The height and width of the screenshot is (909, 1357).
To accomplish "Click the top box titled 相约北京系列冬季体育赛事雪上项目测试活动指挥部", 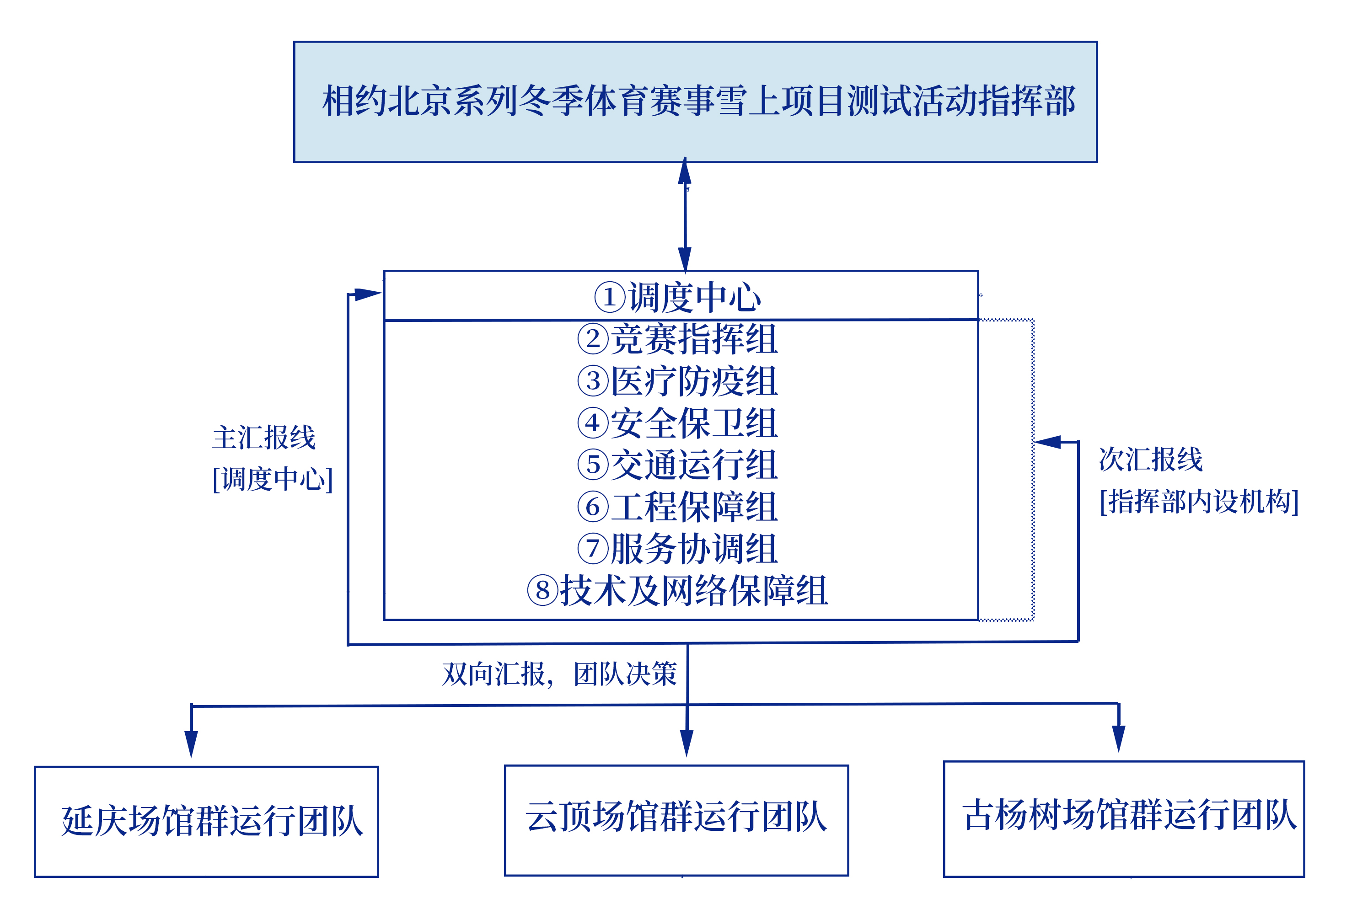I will (x=695, y=102).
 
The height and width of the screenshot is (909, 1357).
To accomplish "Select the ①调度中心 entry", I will (x=677, y=297).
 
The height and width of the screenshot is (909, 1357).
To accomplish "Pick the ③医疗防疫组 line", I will (x=677, y=381).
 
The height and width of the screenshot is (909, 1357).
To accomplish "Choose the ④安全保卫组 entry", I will (x=677, y=422).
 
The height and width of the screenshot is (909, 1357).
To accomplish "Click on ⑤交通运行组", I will (x=677, y=465).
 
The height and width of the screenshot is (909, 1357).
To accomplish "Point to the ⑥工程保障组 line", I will (x=677, y=506).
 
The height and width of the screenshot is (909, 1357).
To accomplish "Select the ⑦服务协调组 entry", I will (x=677, y=548).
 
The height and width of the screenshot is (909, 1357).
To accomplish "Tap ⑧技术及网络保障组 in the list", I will (x=677, y=590).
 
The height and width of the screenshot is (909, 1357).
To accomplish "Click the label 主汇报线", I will (x=264, y=437).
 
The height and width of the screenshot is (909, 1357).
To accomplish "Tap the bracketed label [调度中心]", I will (x=273, y=479).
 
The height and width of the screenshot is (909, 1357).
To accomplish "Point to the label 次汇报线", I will (x=1151, y=459).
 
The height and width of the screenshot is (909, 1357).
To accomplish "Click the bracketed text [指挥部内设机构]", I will (x=1199, y=501).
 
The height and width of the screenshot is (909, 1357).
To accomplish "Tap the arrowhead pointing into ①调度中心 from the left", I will (x=368, y=294).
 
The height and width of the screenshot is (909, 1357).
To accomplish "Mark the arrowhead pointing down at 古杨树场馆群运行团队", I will (x=1119, y=738).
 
